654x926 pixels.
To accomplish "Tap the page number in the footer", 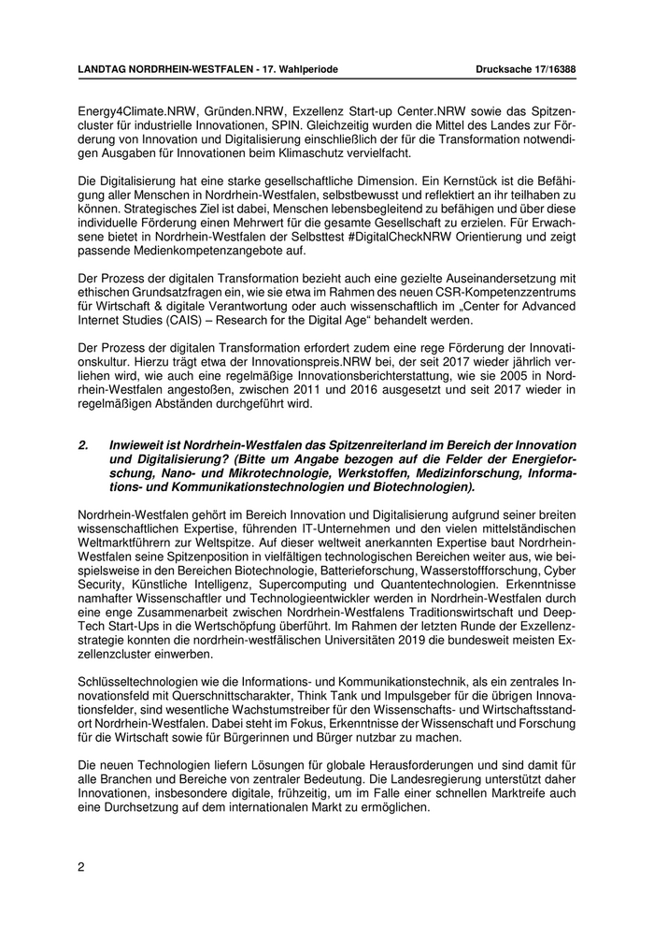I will [80, 866].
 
